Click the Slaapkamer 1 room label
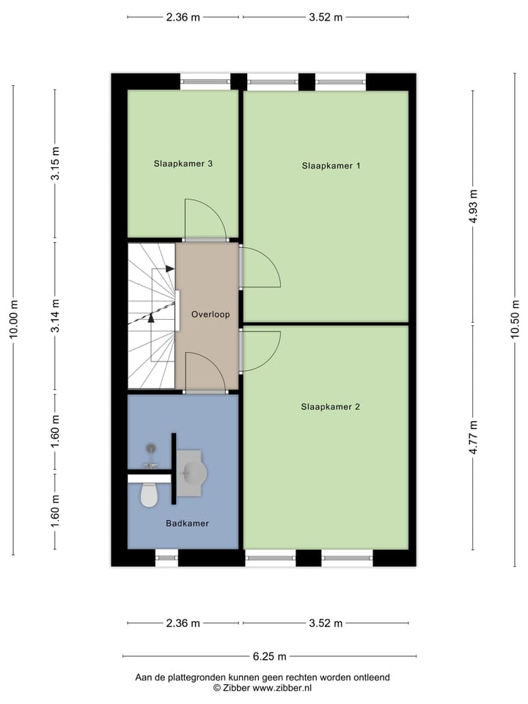coord(331,166)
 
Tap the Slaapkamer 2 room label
coord(330,406)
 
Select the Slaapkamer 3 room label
coord(183,164)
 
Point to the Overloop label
coord(210,315)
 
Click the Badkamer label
coord(187,524)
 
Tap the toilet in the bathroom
coord(149,495)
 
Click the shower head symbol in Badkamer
coord(151,449)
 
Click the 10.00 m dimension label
coord(13,320)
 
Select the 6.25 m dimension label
coord(270,657)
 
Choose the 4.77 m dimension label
coord(473,436)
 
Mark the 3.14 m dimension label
coord(55,316)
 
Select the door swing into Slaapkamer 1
coord(260,268)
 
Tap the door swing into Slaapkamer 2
coord(260,351)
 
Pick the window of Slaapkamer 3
coord(205,81)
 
